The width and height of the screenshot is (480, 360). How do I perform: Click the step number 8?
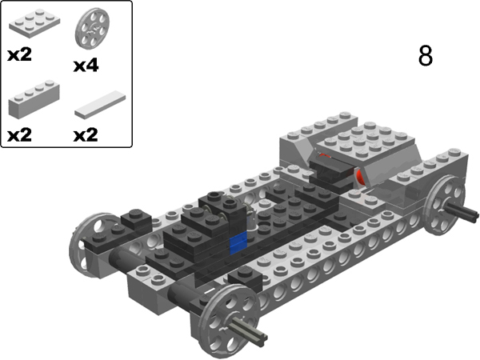click(x=426, y=56)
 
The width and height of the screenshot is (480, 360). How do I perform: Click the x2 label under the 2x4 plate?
click(x=19, y=55)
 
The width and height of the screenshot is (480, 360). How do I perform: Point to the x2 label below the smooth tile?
click(x=86, y=134)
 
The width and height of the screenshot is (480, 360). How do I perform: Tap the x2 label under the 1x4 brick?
click(x=19, y=134)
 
